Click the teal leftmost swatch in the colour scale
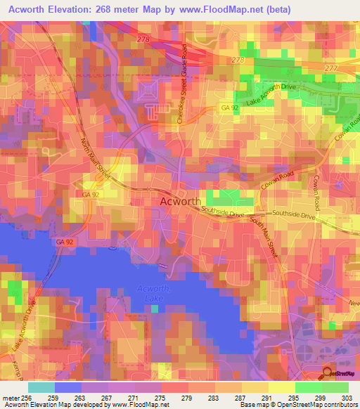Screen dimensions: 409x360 (x=41, y=387)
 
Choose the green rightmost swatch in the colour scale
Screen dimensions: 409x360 (x=335, y=387)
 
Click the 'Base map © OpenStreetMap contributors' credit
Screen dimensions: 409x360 (x=298, y=405)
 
